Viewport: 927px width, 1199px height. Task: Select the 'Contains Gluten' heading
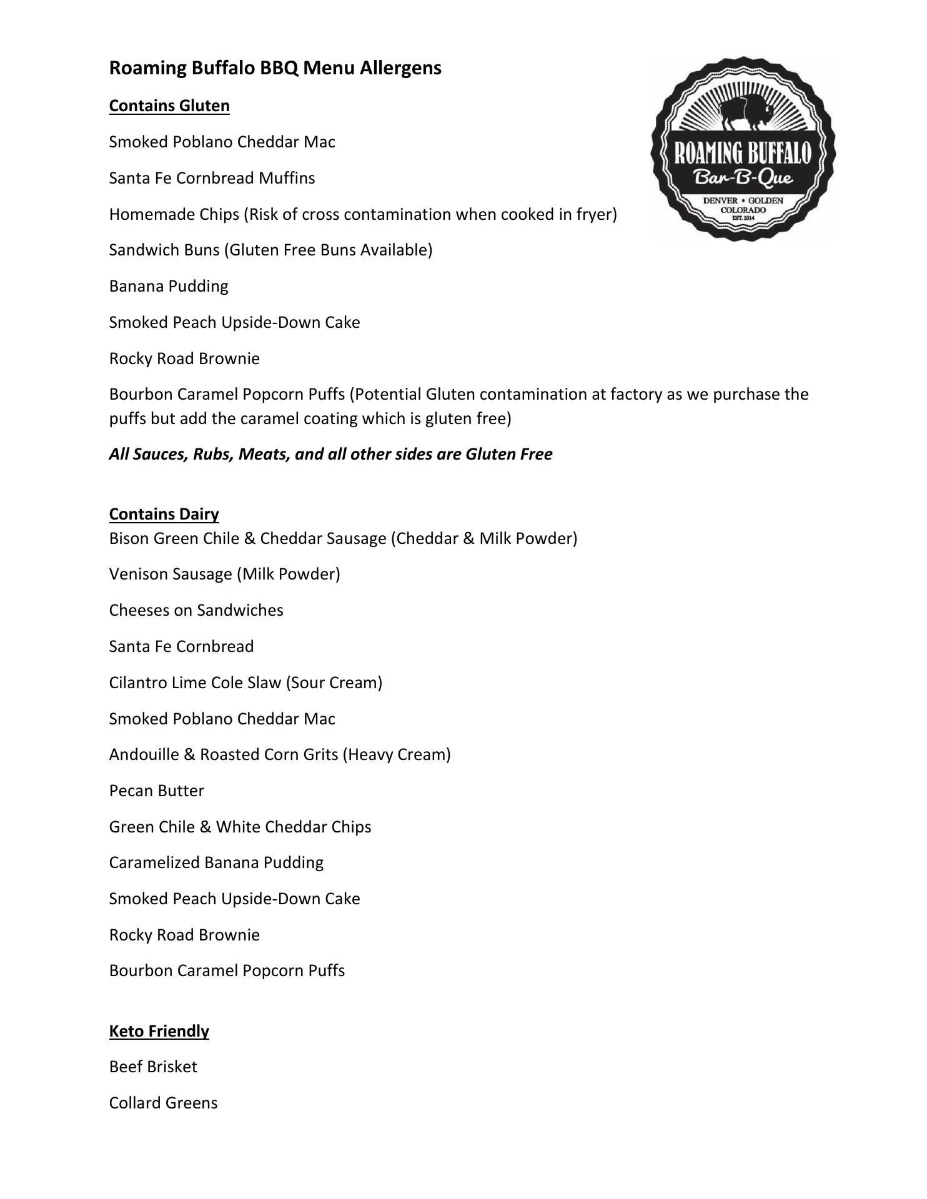tap(169, 106)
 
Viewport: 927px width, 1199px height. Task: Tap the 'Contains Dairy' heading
tap(164, 514)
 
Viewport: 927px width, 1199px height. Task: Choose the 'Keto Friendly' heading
tap(159, 1030)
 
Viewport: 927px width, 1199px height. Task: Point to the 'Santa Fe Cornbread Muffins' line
tap(212, 178)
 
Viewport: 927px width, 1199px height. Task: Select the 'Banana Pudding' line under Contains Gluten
tap(169, 286)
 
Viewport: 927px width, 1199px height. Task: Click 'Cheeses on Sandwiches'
tap(196, 610)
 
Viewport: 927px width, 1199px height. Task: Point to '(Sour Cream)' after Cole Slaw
tap(334, 683)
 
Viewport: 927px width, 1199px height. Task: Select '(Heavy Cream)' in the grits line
tap(397, 754)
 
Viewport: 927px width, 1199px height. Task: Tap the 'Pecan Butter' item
tap(157, 791)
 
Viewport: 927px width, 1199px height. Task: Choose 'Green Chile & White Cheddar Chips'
tap(240, 827)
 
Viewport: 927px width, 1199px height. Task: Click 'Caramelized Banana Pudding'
tap(216, 862)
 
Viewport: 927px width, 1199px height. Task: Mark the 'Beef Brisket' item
tap(153, 1067)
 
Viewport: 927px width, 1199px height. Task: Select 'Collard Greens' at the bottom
tap(163, 1103)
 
